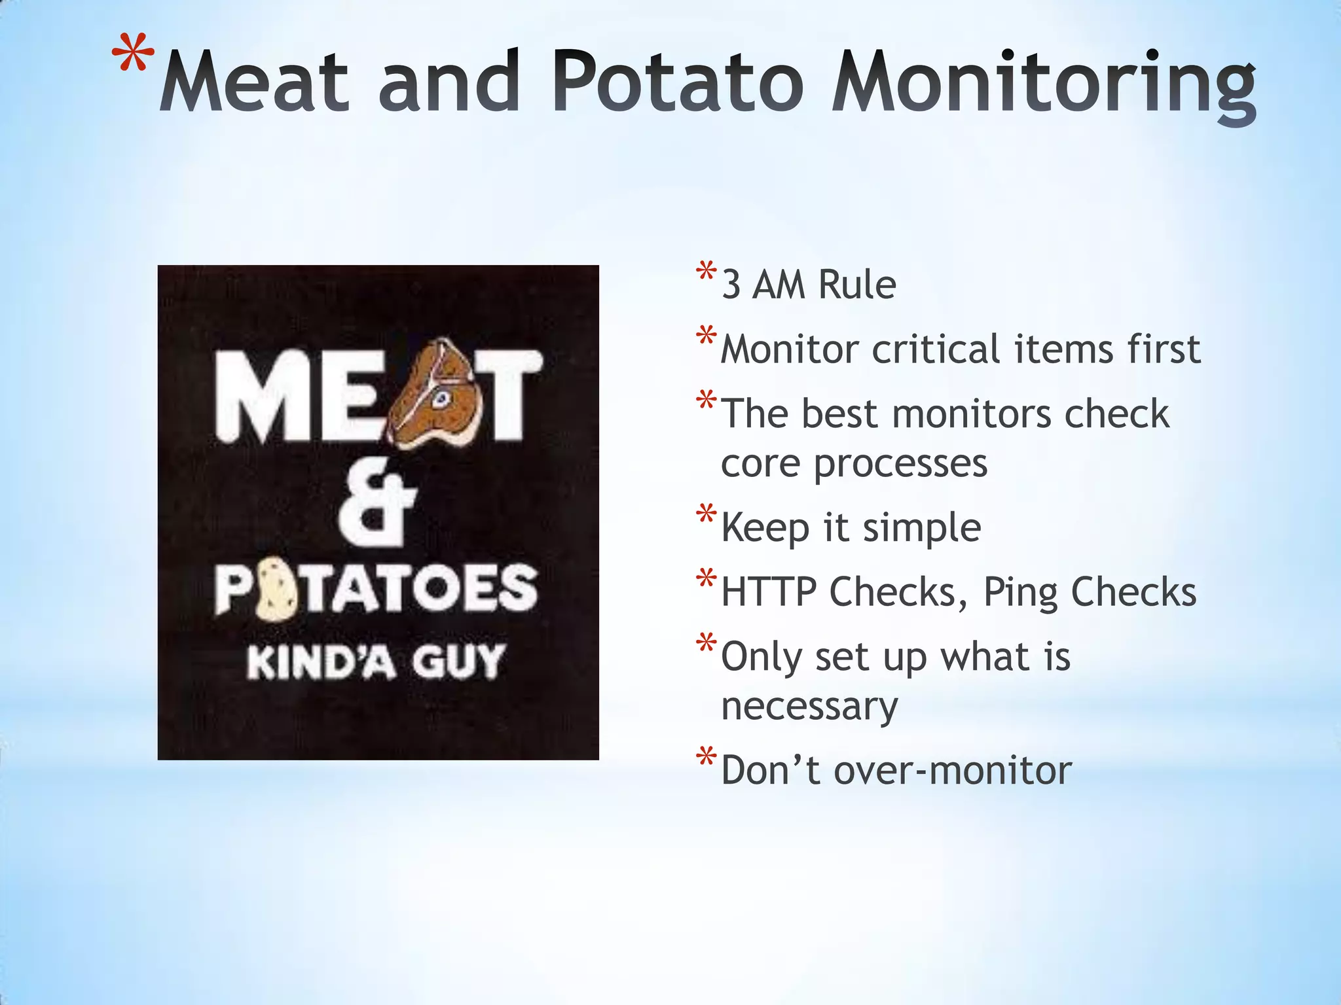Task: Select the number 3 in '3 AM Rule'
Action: pyautogui.click(x=731, y=285)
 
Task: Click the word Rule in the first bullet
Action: pyautogui.click(x=857, y=285)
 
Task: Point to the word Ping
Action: pyautogui.click(x=1020, y=593)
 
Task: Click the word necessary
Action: pyautogui.click(x=809, y=707)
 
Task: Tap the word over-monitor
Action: pyautogui.click(x=953, y=770)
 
